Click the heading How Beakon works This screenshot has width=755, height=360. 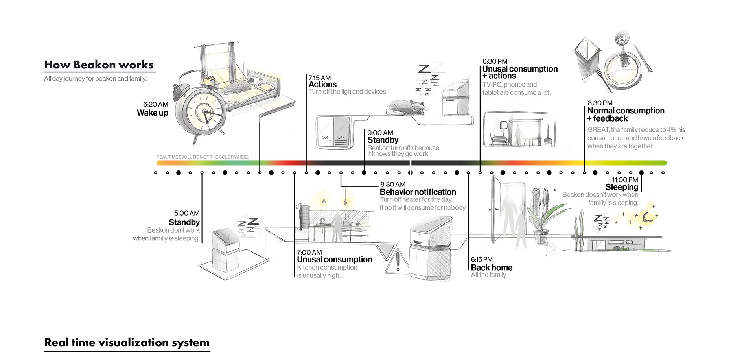click(99, 65)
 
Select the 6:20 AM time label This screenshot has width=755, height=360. click(155, 104)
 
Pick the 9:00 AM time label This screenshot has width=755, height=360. click(380, 133)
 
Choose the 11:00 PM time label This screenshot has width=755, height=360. click(625, 180)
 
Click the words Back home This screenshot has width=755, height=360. click(492, 268)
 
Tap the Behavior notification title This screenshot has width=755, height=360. click(418, 192)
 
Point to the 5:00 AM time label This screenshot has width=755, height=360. click(187, 213)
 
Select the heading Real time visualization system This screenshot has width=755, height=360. click(127, 342)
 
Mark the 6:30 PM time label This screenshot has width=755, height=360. click(495, 61)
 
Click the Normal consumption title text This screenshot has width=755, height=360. click(626, 111)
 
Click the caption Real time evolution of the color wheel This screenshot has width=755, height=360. click(203, 157)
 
